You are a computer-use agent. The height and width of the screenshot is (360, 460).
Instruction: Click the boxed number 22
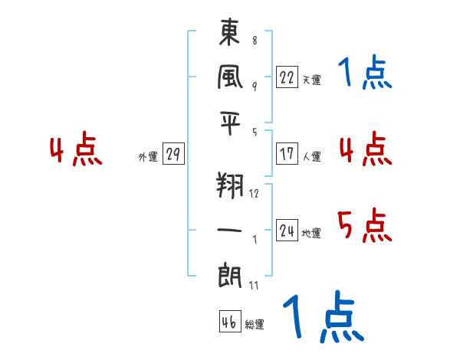click(x=287, y=77)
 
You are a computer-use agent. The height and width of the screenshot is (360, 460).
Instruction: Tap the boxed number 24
click(x=287, y=231)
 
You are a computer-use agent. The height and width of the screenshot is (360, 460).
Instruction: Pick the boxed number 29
click(x=172, y=154)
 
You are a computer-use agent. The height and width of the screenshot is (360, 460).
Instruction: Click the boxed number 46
click(x=229, y=322)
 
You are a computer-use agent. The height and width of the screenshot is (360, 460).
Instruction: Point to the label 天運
click(x=311, y=80)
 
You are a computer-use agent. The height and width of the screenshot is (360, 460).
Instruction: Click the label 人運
click(x=311, y=156)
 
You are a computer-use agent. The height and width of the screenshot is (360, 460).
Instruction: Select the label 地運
click(x=311, y=233)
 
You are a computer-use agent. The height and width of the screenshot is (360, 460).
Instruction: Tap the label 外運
click(x=148, y=156)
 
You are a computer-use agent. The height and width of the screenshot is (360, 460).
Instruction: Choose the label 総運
click(x=255, y=325)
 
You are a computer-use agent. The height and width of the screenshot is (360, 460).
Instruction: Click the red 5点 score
click(x=365, y=224)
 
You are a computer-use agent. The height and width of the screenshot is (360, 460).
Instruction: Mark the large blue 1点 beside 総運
click(x=323, y=318)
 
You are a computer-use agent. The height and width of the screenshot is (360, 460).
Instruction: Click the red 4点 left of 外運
click(x=76, y=151)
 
